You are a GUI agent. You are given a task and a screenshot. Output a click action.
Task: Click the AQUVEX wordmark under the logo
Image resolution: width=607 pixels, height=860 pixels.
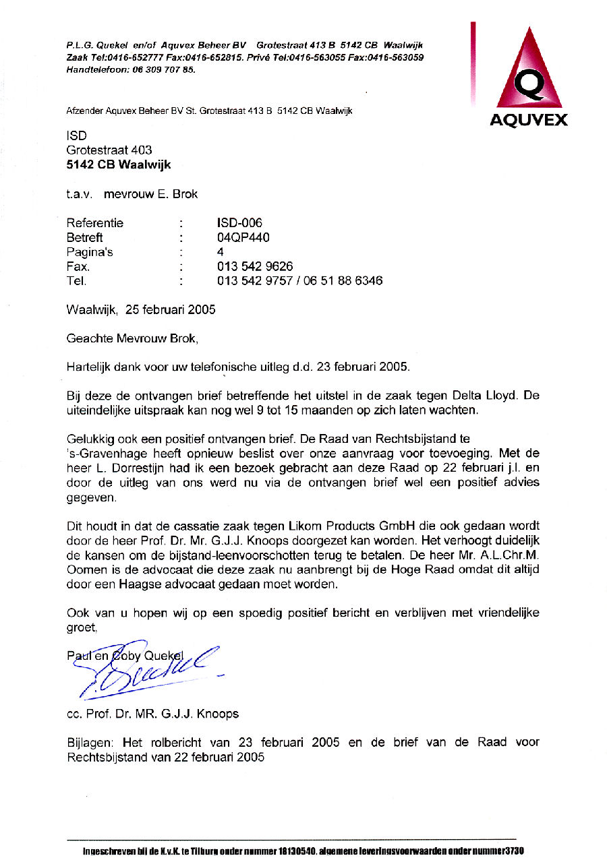pyautogui.click(x=528, y=120)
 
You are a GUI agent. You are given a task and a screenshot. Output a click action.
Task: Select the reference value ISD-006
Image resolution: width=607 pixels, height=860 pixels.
pyautogui.click(x=239, y=223)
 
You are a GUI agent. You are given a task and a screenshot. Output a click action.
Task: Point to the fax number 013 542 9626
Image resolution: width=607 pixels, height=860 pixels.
pyautogui.click(x=255, y=266)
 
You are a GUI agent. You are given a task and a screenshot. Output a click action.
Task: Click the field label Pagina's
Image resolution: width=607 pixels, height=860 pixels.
pyautogui.click(x=90, y=252)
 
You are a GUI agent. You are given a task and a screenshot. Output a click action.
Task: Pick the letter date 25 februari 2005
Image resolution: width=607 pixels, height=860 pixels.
pyautogui.click(x=170, y=310)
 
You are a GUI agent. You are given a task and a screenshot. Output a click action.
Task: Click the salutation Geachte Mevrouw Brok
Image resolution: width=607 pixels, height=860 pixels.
pyautogui.click(x=132, y=338)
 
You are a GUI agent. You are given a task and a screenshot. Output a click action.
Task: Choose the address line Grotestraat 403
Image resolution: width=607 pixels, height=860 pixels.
pyautogui.click(x=109, y=150)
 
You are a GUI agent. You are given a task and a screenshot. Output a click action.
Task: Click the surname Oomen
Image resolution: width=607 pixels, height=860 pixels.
pyautogui.click(x=84, y=570)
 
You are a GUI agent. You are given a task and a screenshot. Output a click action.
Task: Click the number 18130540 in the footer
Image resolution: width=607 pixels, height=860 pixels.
pyautogui.click(x=297, y=851)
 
